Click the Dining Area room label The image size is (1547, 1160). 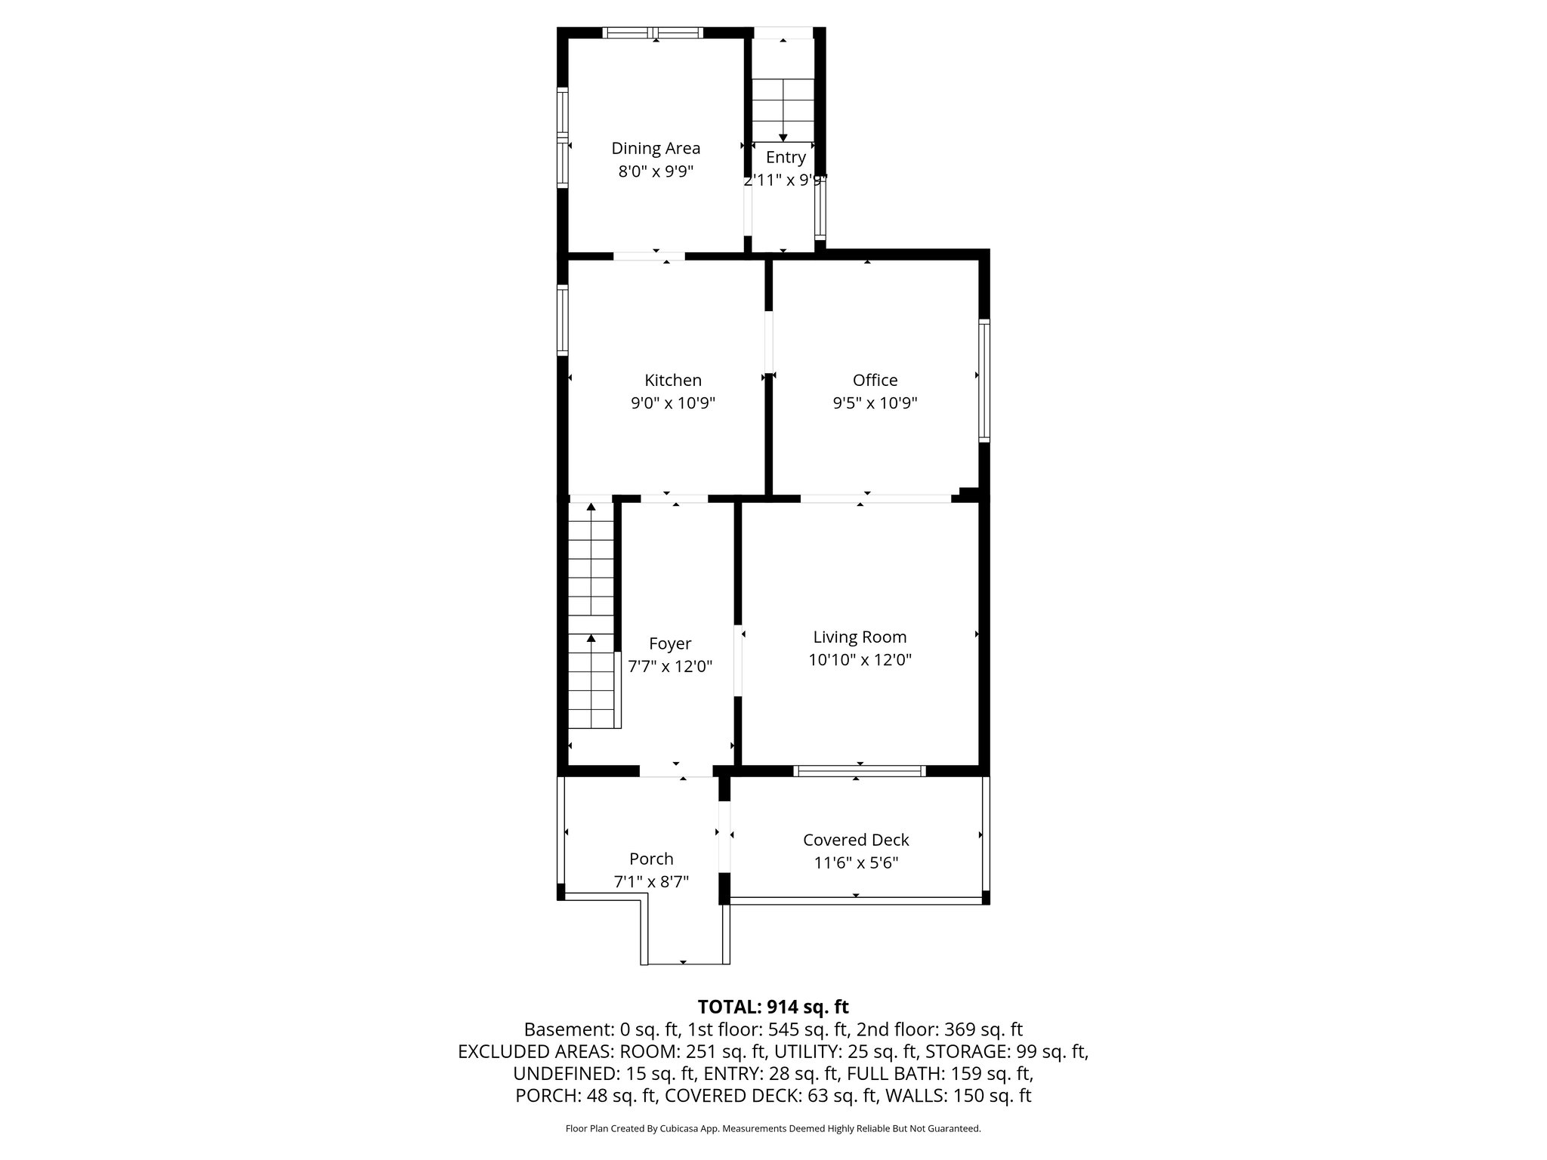point(656,149)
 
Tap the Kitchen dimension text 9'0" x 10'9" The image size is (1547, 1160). point(673,403)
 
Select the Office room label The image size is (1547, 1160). point(875,381)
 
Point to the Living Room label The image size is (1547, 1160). point(860,637)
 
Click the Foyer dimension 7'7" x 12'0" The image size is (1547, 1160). point(670,667)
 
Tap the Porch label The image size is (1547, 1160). point(651,859)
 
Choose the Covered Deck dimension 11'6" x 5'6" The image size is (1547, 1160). point(855,862)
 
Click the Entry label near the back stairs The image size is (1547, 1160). point(786,157)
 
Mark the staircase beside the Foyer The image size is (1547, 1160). point(591,615)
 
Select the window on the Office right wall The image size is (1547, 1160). point(984,381)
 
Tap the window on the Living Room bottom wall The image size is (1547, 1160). point(860,771)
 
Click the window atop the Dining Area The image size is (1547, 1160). point(654,32)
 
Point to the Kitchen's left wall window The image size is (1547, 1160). point(563,319)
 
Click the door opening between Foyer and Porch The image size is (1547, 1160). point(676,771)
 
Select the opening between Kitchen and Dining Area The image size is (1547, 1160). point(649,256)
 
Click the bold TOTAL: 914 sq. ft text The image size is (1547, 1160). point(773,1007)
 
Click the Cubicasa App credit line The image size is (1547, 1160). point(773,1128)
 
